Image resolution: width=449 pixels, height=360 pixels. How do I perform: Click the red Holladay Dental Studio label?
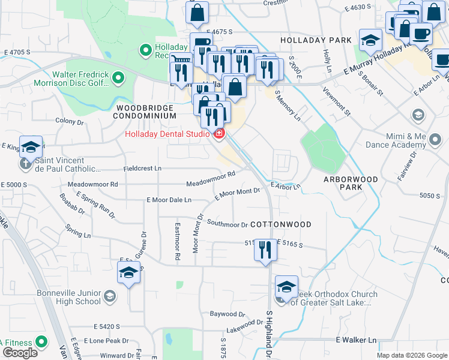click(x=166, y=134)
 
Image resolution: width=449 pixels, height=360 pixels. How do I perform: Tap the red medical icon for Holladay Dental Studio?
click(x=218, y=134)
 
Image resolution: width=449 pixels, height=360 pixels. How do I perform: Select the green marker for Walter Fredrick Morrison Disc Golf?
click(x=118, y=77)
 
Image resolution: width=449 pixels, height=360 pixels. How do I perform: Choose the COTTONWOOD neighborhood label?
click(x=280, y=224)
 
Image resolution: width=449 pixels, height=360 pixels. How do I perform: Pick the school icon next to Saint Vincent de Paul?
click(x=30, y=147)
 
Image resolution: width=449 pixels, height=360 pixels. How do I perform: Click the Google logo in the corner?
click(x=20, y=353)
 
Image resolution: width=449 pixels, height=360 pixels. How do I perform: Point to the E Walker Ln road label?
click(x=355, y=340)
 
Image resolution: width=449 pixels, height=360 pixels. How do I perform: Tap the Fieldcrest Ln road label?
click(x=143, y=169)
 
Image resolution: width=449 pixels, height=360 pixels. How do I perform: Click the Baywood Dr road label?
click(x=228, y=314)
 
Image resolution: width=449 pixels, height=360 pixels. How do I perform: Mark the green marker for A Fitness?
click(x=41, y=343)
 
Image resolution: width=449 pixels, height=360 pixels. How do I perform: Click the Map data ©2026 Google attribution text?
click(x=412, y=355)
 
